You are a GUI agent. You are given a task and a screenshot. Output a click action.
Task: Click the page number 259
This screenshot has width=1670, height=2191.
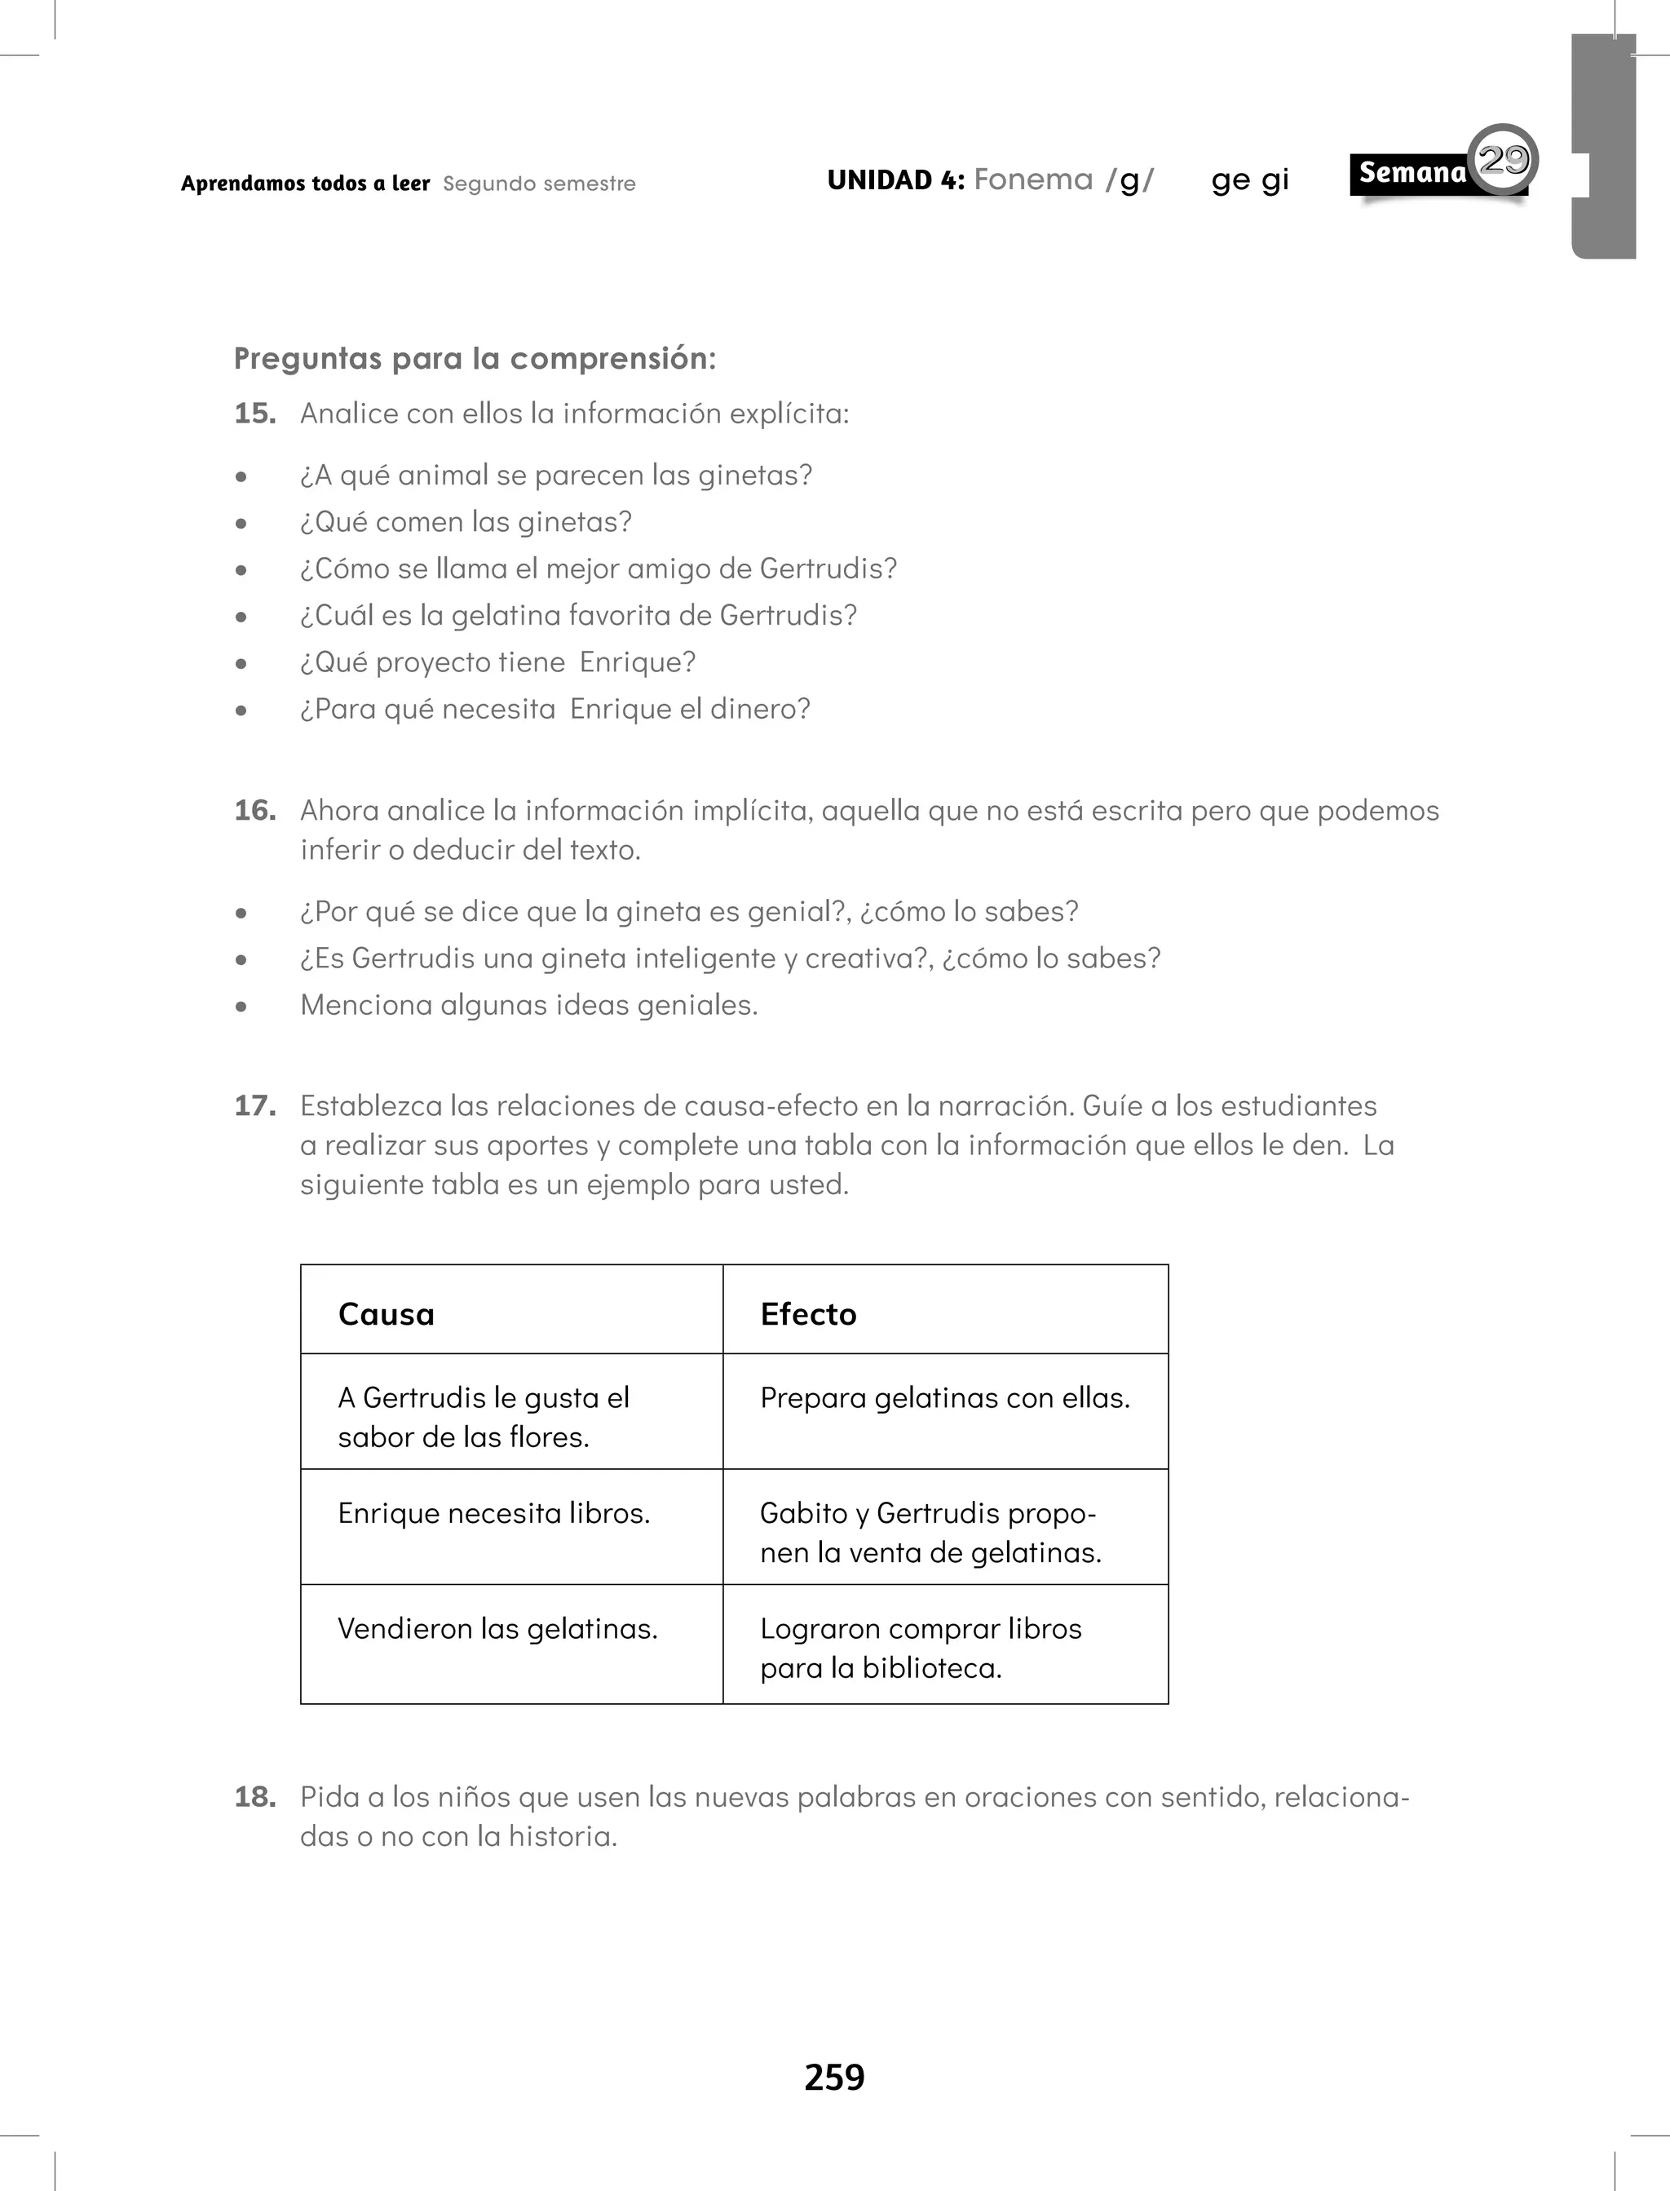[834, 2077]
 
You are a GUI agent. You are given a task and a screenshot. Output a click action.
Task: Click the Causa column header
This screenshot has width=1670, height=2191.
[387, 1314]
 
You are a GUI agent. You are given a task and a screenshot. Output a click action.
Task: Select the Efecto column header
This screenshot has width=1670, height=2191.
[808, 1314]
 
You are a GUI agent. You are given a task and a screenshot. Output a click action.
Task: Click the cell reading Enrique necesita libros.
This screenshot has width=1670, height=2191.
[494, 1513]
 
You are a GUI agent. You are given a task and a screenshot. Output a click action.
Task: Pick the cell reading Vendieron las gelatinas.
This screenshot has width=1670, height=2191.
[497, 1628]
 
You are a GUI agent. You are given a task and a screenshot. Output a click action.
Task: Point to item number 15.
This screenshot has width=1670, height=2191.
[254, 414]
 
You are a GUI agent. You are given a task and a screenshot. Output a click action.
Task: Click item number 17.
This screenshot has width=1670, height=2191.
[254, 1105]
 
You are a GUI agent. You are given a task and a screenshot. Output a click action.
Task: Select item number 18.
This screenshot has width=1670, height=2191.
[254, 1796]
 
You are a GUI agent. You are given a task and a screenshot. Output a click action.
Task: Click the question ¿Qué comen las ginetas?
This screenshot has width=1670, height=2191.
[466, 522]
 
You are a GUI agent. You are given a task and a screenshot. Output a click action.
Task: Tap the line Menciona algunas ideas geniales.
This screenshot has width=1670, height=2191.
[529, 1005]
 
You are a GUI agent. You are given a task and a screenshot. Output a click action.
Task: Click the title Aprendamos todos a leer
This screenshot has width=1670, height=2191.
[305, 183]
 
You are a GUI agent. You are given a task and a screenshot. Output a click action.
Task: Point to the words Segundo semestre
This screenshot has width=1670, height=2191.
[539, 184]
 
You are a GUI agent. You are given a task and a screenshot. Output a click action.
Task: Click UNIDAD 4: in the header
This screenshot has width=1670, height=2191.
[895, 180]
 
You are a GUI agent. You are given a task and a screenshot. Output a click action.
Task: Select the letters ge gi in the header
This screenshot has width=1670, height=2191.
[1249, 180]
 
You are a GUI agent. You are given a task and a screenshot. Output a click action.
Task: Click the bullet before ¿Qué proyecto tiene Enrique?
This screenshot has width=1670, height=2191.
[241, 664]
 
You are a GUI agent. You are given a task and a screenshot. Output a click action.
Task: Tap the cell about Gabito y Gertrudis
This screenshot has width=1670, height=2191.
[930, 1532]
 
